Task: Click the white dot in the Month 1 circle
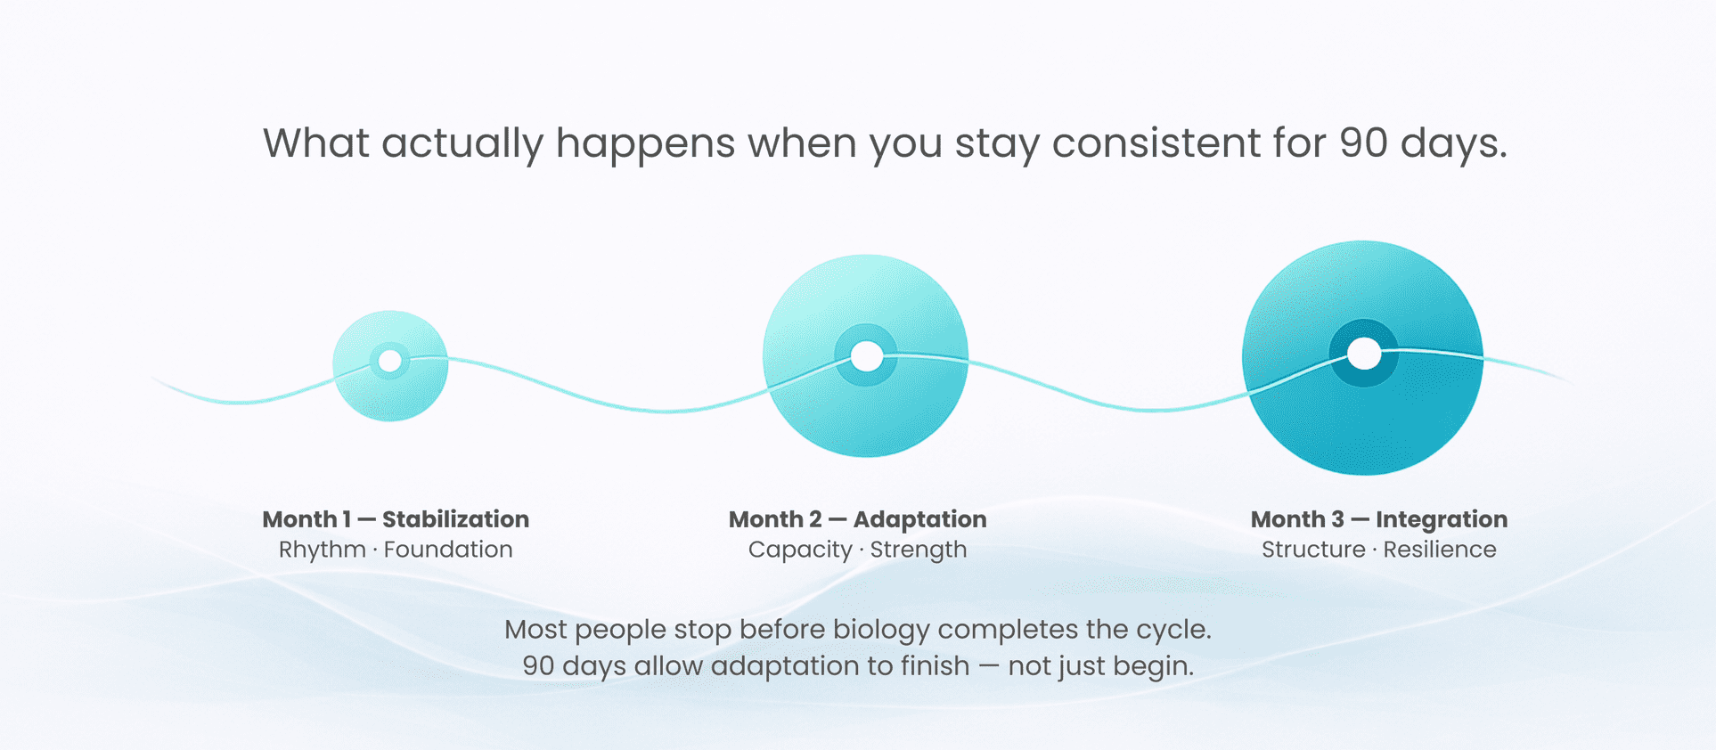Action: pos(390,361)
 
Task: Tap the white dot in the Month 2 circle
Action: pos(866,356)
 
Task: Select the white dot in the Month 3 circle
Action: pos(1363,353)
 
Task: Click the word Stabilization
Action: pos(455,519)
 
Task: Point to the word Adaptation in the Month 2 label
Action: pos(919,519)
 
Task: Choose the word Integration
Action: pos(1442,519)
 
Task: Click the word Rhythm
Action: pos(323,550)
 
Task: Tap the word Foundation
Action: pos(448,550)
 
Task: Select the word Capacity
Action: pos(800,550)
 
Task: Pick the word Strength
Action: pos(919,550)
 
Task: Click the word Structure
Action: pos(1313,550)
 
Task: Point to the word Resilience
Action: pos(1440,550)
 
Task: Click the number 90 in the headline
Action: pos(1363,143)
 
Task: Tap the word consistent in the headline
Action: pos(1156,143)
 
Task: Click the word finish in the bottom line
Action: pos(935,666)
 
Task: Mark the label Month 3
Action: pos(1297,519)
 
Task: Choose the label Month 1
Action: pos(306,519)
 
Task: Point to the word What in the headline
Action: pos(316,143)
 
